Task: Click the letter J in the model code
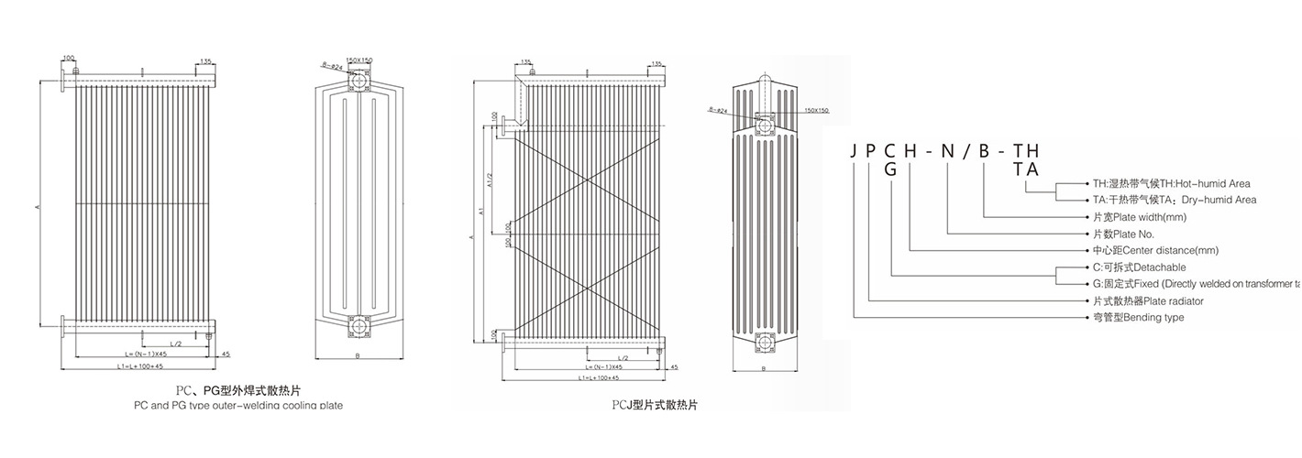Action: [855, 151]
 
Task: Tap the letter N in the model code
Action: [949, 151]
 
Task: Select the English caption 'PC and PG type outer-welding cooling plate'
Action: [238, 406]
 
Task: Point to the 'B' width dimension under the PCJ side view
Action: [763, 369]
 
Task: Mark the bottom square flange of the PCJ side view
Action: [763, 343]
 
